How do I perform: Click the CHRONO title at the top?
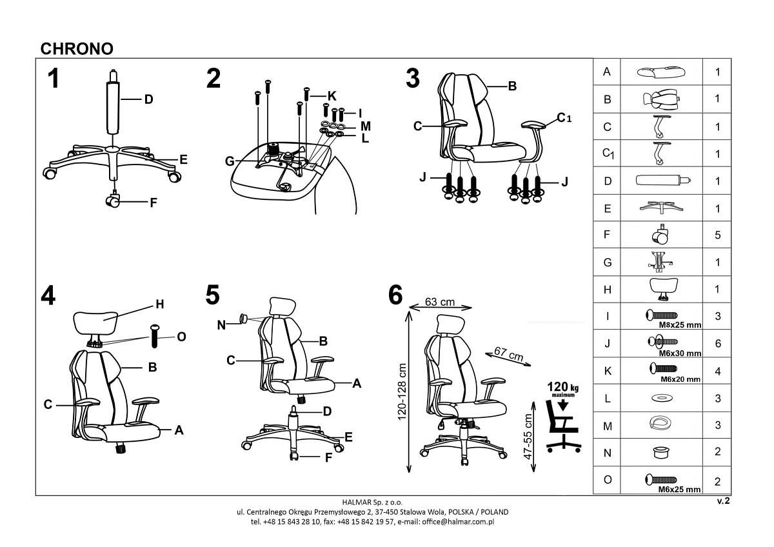pos(77,48)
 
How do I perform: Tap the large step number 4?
pos(48,295)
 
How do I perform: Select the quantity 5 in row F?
pos(717,235)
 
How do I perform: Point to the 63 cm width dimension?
pos(441,302)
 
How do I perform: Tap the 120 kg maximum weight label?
pos(563,388)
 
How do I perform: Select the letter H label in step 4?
pos(160,304)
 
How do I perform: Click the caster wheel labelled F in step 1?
pos(114,203)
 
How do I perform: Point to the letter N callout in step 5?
pos(222,325)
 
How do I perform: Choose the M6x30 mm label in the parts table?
pos(679,353)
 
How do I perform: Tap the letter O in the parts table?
pos(607,480)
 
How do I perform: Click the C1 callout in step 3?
pos(565,117)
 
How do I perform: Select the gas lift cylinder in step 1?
pos(114,106)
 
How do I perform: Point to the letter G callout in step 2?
pos(230,161)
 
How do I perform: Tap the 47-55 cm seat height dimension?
pos(529,436)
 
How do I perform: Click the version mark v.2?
pos(723,501)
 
